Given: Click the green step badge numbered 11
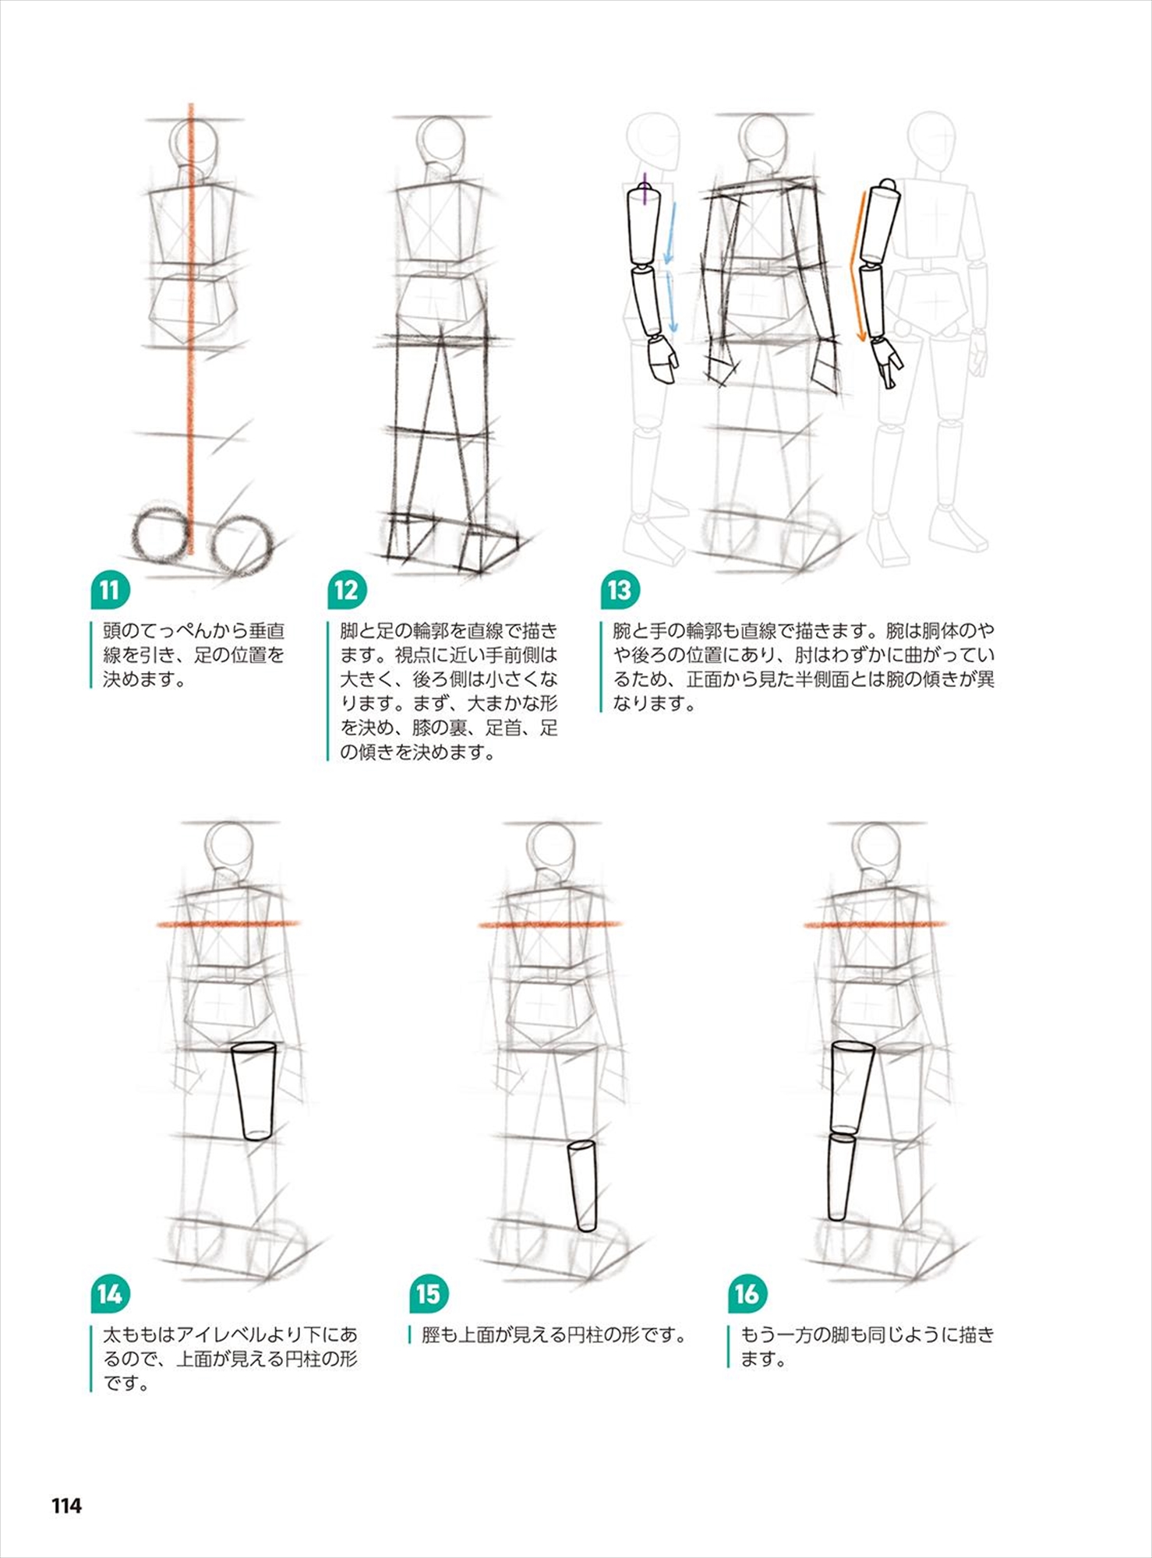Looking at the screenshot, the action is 110,590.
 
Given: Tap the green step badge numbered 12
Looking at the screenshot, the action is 347,590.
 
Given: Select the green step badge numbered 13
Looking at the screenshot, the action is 620,590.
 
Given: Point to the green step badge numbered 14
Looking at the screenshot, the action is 110,1294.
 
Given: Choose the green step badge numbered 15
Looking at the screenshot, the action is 428,1294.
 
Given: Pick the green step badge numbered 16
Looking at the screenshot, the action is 746,1294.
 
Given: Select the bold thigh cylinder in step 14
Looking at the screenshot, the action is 254,1092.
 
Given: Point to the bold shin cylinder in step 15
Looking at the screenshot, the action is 581,1186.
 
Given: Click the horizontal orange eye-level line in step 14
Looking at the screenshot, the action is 228,924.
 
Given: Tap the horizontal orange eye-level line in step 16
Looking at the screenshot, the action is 875,925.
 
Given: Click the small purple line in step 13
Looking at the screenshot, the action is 645,191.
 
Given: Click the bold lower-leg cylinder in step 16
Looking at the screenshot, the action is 840,1177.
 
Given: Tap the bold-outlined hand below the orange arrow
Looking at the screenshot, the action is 887,362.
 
